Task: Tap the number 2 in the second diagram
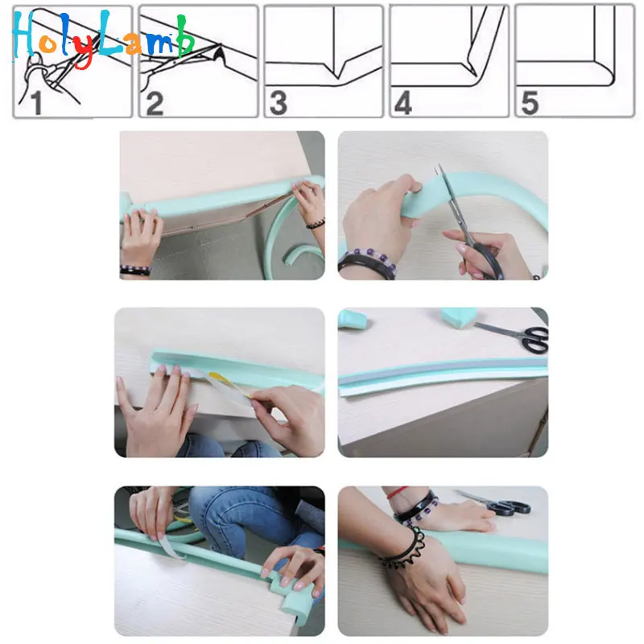point(155,104)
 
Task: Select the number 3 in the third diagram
point(279,103)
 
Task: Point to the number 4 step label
point(403,103)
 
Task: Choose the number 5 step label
point(530,103)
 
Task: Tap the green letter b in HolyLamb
point(185,36)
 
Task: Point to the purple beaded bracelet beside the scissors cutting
point(369,257)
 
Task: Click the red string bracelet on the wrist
point(397,492)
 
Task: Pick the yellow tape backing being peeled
point(229,384)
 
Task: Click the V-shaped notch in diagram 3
point(337,69)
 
